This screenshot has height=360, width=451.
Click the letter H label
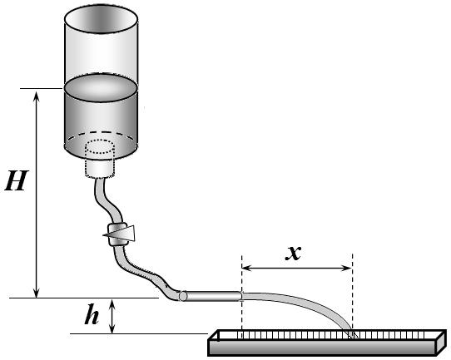pyautogui.click(x=17, y=180)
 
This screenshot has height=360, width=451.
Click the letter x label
pyautogui.click(x=293, y=253)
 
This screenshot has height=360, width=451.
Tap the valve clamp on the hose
pyautogui.click(x=118, y=234)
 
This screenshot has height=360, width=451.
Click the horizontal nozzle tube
pyautogui.click(x=211, y=296)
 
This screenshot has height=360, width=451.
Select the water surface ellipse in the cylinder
pyautogui.click(x=101, y=88)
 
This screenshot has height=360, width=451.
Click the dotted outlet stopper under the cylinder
pyautogui.click(x=100, y=158)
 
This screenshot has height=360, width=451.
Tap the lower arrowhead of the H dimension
pyautogui.click(x=37, y=293)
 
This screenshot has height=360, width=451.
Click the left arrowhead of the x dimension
pyautogui.click(x=247, y=268)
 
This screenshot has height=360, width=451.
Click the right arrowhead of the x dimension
pyautogui.click(x=347, y=269)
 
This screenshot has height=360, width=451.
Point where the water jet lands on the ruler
pyautogui.click(x=353, y=335)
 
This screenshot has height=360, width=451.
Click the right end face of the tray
pyautogui.click(x=442, y=343)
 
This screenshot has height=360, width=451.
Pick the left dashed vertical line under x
pyautogui.click(x=242, y=296)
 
